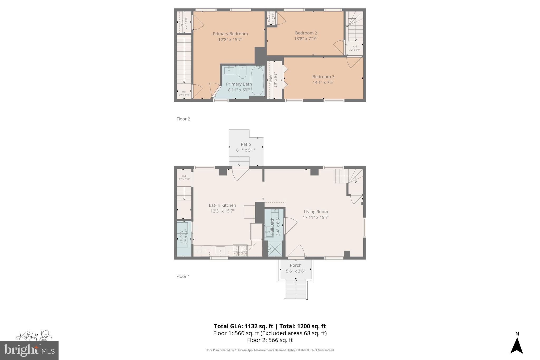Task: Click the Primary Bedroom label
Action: coord(230,34)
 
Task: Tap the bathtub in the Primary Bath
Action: coord(257,81)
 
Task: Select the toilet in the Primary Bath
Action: coord(242,73)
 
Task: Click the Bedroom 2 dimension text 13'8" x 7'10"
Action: coord(306,39)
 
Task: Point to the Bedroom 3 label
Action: coord(323,77)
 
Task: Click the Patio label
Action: coord(246,144)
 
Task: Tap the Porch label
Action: coord(295,265)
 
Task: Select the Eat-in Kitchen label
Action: coord(222,205)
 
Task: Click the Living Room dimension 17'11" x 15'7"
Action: coord(316,218)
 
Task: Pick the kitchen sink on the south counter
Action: coord(220,251)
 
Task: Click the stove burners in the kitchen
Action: coord(240,251)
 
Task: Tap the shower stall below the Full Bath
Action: coord(275,249)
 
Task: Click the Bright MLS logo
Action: coord(29,350)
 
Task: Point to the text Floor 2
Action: coord(183,119)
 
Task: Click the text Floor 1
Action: coord(183,276)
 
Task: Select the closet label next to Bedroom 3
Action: coord(271,80)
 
